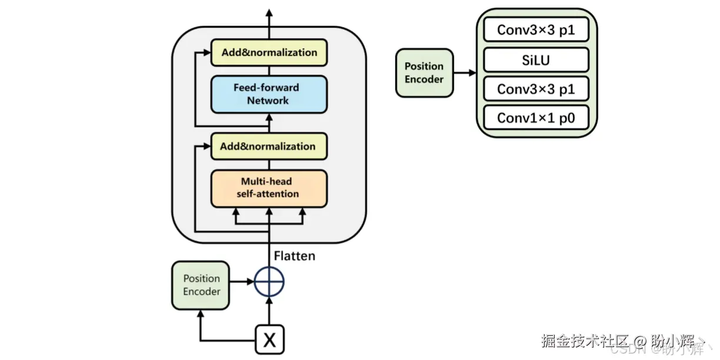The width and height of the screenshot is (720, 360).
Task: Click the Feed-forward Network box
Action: (269, 94)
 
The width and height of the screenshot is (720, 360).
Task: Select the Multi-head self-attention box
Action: (269, 188)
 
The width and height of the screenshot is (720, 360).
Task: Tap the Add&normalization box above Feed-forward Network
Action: (269, 52)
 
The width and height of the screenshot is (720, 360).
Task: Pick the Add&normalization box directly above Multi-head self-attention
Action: (269, 146)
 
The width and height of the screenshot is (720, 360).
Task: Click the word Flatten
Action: (295, 256)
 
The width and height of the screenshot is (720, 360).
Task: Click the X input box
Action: (269, 339)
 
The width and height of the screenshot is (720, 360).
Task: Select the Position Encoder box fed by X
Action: (201, 285)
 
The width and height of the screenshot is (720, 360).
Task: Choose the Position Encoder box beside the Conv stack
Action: (424, 73)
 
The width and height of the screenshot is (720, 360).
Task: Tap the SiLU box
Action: (536, 60)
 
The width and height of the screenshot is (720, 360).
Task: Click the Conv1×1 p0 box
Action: (536, 118)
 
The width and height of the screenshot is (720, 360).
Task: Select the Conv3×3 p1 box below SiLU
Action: (536, 89)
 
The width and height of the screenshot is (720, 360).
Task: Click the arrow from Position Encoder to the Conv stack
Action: (465, 73)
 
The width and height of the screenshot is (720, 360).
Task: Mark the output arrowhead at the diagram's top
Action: (269, 13)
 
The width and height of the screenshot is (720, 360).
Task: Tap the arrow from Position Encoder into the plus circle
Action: (241, 282)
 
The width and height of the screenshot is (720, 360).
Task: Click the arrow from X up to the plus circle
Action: (269, 311)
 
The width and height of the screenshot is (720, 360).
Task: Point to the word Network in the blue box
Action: (268, 101)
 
